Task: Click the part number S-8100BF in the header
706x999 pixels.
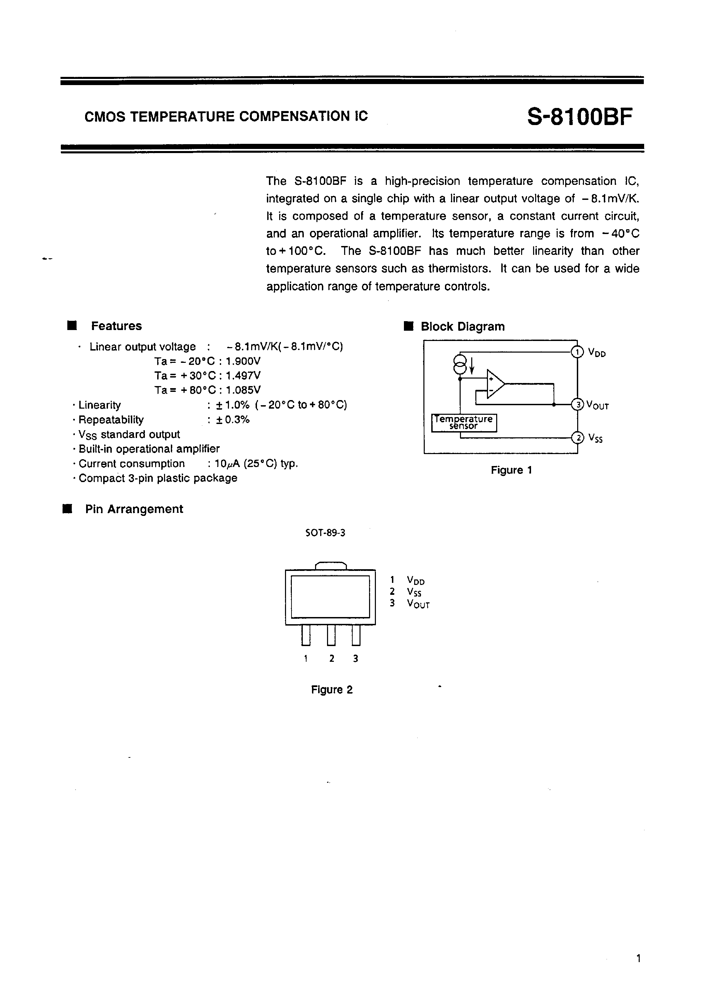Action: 579,117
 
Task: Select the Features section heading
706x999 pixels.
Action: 116,326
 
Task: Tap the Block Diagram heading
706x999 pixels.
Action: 462,327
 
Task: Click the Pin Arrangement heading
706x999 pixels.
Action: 134,509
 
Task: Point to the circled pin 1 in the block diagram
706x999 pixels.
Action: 577,352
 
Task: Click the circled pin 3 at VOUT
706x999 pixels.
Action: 578,405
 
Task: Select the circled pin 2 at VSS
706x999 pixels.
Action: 578,437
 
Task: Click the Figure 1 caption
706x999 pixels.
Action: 511,470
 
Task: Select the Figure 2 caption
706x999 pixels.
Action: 332,690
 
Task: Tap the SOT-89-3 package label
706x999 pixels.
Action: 325,533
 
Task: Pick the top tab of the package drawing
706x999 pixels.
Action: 331,566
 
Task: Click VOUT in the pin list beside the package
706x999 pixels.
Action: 418,604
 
